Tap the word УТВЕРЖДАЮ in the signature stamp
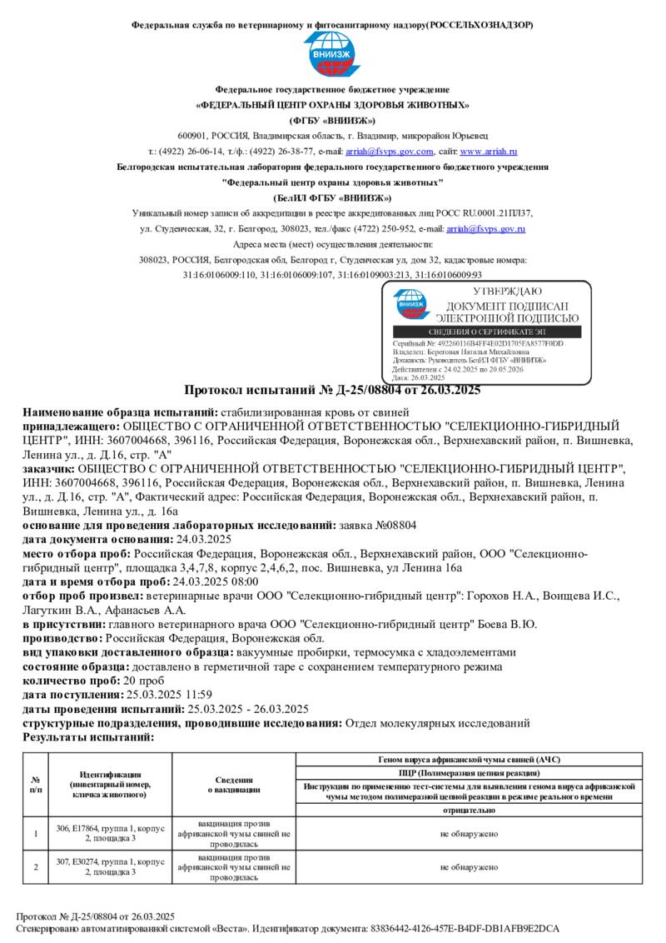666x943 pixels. click(507, 292)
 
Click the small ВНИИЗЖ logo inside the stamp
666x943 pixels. click(412, 305)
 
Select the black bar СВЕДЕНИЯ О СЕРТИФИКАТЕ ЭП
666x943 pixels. click(487, 332)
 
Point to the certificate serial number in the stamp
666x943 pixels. click(478, 343)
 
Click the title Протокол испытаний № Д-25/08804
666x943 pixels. click(332, 390)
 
